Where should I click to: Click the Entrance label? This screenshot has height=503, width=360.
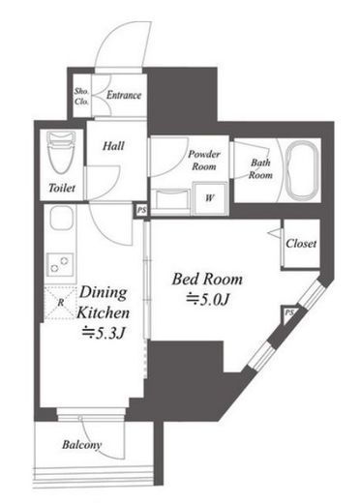point(124,95)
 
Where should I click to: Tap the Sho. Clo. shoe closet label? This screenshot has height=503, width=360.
point(81,96)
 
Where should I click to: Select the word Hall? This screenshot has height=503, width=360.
point(113,146)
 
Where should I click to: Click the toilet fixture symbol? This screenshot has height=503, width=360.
point(61,152)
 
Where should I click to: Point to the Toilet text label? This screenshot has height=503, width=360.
point(62,188)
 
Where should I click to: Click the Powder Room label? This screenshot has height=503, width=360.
point(204,160)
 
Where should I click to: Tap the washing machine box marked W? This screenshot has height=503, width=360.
point(211,198)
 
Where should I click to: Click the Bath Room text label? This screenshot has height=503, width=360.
point(260,168)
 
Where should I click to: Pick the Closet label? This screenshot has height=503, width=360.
point(301,244)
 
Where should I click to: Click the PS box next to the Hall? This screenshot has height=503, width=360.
point(141,211)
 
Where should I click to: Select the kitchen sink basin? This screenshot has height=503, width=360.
point(61,218)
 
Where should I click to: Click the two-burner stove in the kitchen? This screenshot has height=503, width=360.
point(60,264)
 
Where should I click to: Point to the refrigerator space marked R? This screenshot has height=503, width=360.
point(60,303)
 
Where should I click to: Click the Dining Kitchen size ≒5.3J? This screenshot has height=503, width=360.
point(103,334)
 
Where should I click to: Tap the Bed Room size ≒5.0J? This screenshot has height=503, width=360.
point(208,300)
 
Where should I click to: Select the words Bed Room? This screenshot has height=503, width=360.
point(207,280)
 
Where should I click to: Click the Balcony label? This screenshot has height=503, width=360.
point(81,445)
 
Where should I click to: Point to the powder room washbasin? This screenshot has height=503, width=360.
point(170,199)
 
